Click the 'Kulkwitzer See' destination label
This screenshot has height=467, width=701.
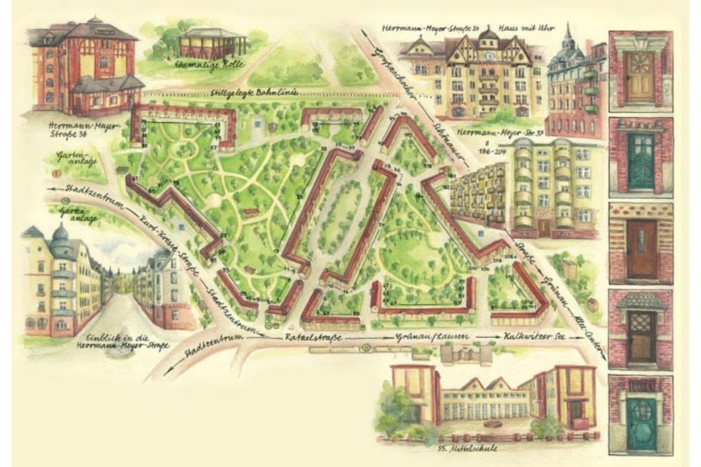pos(528,336)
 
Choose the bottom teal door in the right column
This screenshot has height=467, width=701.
pos(641,414)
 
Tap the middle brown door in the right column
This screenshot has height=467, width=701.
pos(641,242)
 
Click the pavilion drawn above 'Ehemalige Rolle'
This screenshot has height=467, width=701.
pos(208,43)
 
